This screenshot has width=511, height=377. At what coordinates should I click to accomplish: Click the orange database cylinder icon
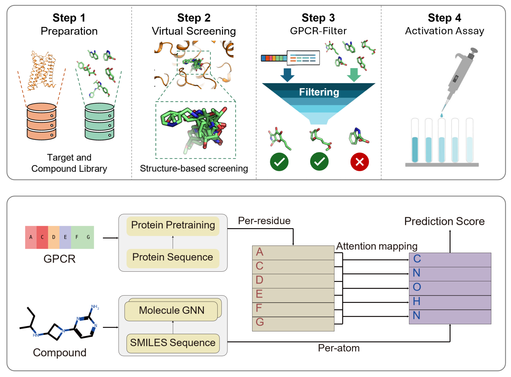coord(42,121)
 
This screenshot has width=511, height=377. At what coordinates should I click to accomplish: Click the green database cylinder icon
coord(99,121)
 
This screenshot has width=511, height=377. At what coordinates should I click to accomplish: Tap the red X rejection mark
coord(359,162)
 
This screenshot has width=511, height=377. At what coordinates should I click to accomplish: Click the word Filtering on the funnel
coord(319,92)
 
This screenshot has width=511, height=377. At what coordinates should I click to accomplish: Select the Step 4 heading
coord(444,18)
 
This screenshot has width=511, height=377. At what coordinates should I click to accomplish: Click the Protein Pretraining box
coord(173,225)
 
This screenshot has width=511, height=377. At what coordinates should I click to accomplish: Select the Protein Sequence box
coord(173,257)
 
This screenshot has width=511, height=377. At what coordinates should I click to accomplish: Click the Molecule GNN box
coord(171,310)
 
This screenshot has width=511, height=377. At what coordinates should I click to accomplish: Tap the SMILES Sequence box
coord(173,343)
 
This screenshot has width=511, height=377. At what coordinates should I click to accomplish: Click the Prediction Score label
coord(444,221)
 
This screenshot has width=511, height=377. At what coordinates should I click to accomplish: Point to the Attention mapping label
coord(377,246)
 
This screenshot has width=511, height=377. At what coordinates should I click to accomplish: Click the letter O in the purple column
coord(417,287)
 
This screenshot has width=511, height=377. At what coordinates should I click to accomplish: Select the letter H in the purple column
coord(416,301)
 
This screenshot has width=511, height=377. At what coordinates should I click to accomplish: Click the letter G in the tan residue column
coord(259,322)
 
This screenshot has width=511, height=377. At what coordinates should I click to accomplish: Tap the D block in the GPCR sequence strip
coord(54,237)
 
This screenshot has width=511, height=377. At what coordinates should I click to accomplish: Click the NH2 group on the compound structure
coord(95,307)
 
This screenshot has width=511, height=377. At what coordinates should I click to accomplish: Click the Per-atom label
coord(338,348)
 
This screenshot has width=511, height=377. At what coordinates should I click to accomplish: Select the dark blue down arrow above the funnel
coord(287,75)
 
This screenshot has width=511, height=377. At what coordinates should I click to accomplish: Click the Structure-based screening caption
coord(194,169)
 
